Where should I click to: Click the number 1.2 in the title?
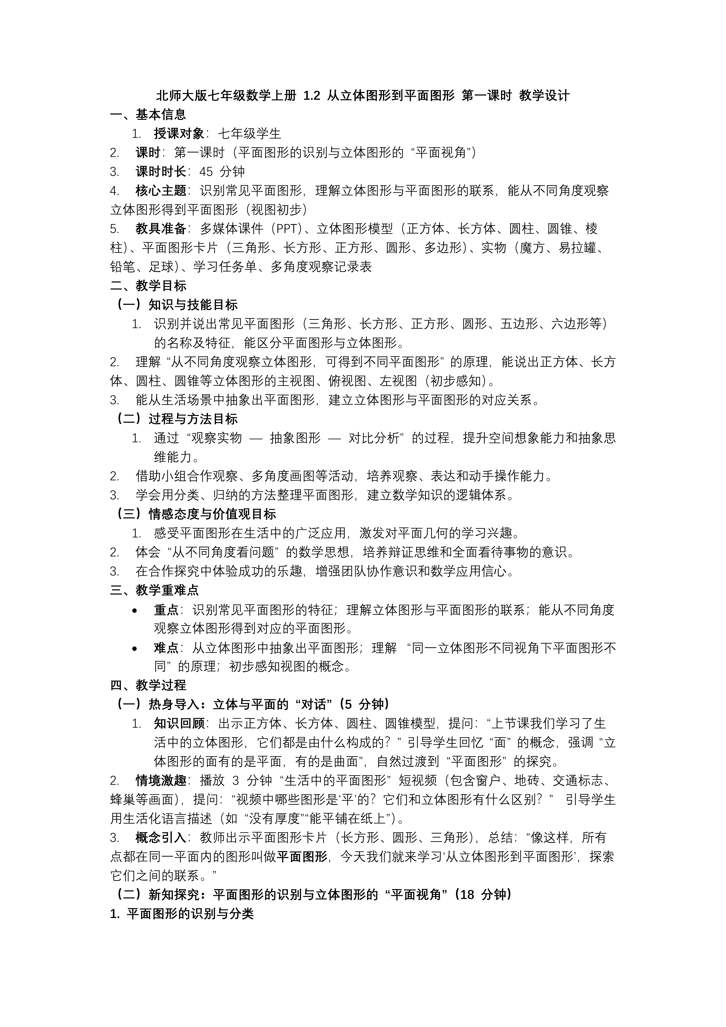(x=312, y=96)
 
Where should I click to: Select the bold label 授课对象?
(x=179, y=134)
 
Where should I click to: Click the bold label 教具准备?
(x=161, y=229)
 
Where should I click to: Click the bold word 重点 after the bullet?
(x=166, y=610)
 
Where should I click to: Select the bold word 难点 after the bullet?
(x=166, y=648)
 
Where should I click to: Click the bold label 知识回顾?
(x=179, y=724)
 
